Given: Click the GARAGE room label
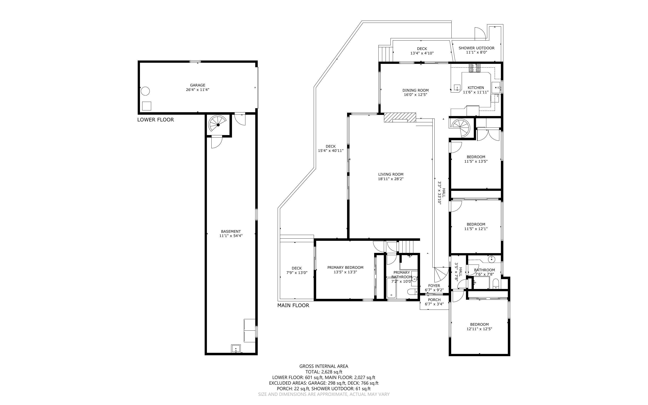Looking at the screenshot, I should tap(197, 85).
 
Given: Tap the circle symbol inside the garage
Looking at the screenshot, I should tap(145, 91).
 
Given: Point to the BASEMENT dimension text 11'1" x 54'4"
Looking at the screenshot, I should tap(231, 236).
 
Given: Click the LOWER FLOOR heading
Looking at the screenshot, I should tap(156, 120).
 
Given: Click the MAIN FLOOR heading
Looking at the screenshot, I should tap(293, 305).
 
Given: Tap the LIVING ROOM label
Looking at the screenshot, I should tap(391, 174).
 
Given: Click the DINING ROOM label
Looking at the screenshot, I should tap(415, 90).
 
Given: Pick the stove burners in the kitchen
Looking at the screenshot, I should tap(474, 68).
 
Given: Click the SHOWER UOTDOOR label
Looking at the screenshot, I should tap(476, 48).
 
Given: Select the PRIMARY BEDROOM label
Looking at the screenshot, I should tap(345, 267).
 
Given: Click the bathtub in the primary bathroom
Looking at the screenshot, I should tap(392, 288).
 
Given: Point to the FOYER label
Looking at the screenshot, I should tap(434, 286).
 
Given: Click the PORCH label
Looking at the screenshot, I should tap(434, 300).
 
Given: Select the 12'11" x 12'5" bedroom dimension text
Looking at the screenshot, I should tap(479, 329).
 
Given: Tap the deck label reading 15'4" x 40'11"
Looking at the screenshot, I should tap(330, 151).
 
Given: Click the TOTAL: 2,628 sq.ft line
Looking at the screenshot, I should tap(324, 372).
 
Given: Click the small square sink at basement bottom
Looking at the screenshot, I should tap(236, 349).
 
